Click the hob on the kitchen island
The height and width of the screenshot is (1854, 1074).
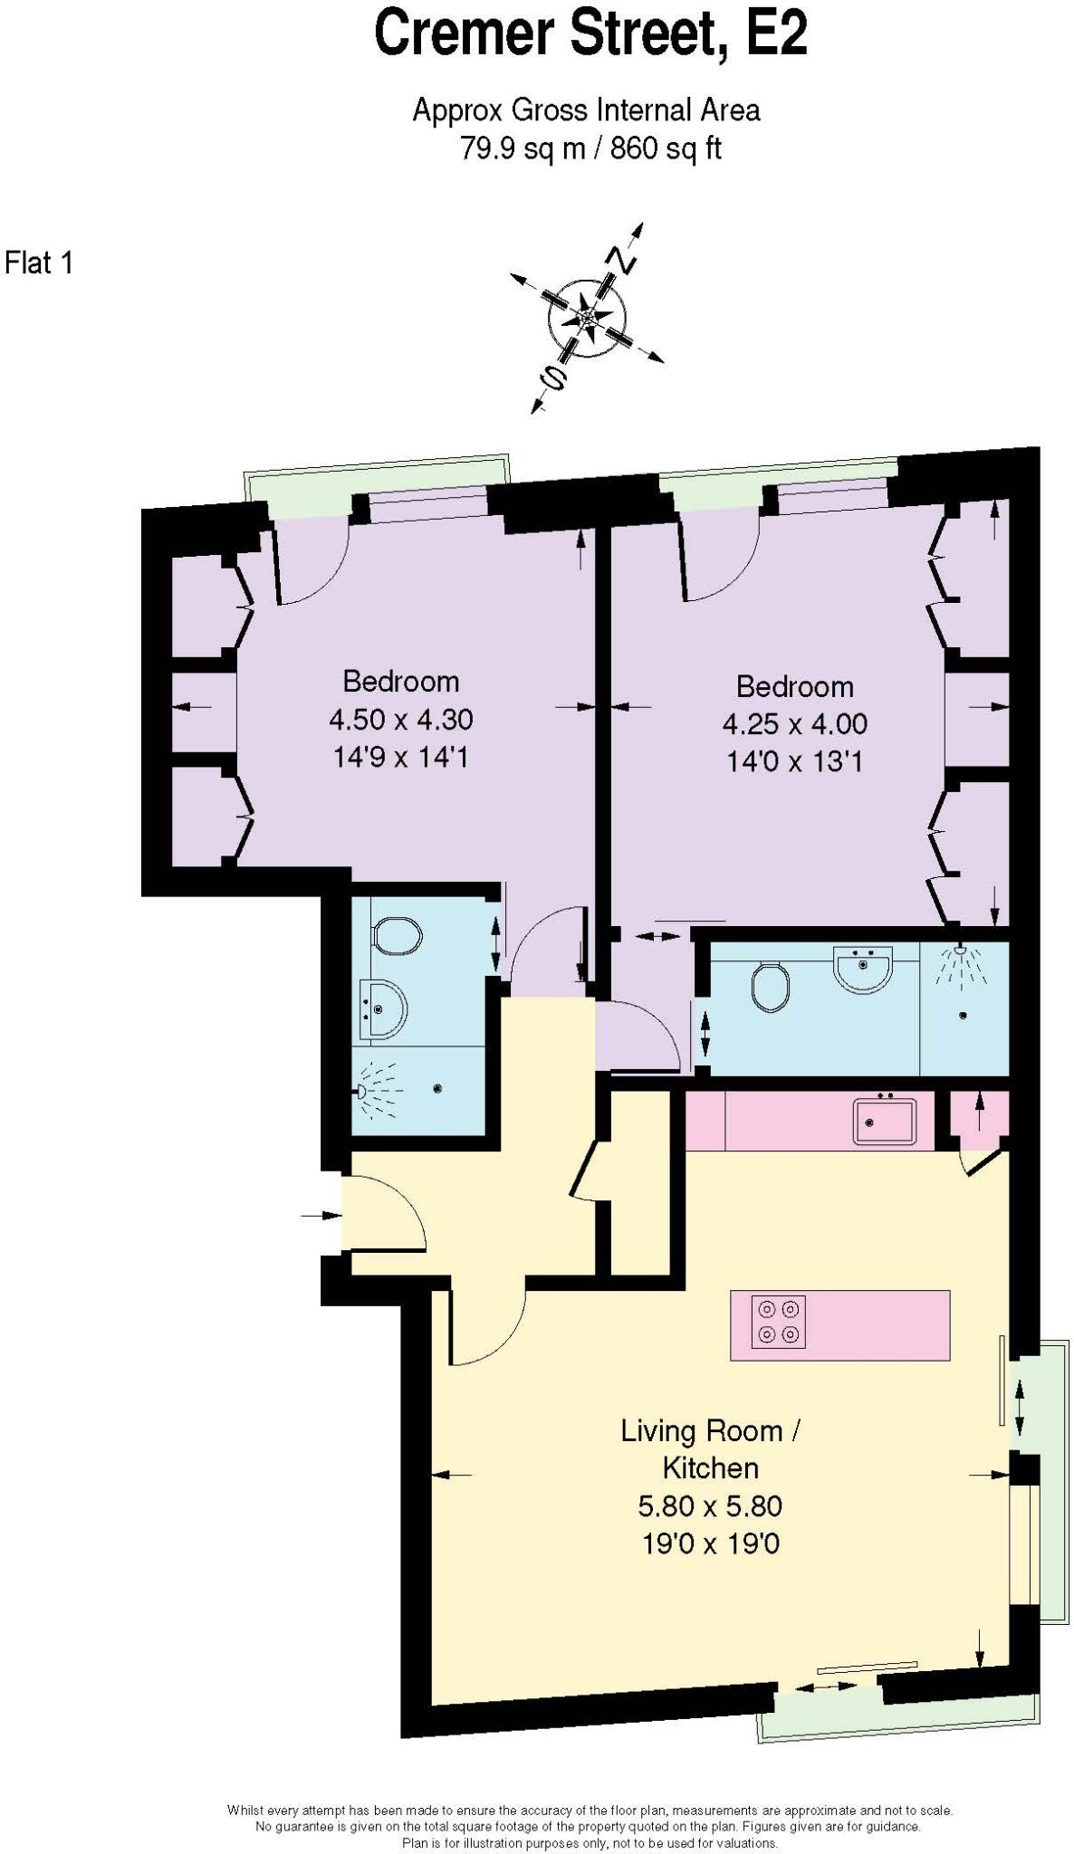click(779, 1323)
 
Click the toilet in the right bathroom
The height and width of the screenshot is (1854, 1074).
click(770, 987)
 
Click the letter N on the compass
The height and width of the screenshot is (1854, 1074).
click(624, 260)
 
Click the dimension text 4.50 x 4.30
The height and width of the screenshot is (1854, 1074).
click(400, 720)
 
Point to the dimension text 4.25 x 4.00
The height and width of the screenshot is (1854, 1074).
click(794, 724)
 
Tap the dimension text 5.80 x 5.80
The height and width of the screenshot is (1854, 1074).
click(710, 1505)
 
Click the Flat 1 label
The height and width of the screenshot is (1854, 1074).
click(38, 263)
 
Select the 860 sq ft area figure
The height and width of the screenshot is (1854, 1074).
click(666, 148)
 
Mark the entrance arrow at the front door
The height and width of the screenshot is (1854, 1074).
click(318, 1216)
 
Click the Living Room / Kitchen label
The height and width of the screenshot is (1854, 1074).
click(710, 1448)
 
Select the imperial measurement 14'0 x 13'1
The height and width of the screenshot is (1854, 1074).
click(794, 761)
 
